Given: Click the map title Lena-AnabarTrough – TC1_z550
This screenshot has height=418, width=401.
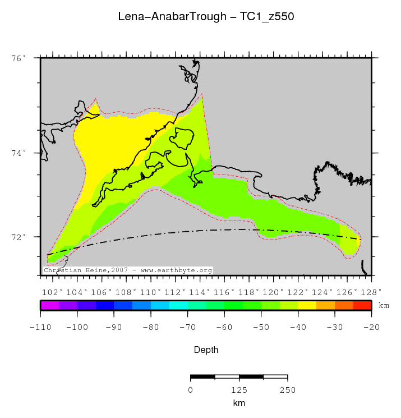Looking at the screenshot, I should pyautogui.click(x=206, y=17).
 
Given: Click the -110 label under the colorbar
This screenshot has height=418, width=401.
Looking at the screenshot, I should pyautogui.click(x=40, y=326).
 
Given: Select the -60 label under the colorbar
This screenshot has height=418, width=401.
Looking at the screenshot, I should pyautogui.click(x=224, y=326).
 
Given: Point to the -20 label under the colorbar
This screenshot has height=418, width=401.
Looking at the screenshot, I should pyautogui.click(x=371, y=326).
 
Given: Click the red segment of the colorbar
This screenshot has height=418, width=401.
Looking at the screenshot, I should pyautogui.click(x=362, y=305).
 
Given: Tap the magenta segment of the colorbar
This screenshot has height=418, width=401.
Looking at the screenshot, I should pyautogui.click(x=49, y=305).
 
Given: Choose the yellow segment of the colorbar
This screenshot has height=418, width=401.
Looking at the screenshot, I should pyautogui.click(x=307, y=305).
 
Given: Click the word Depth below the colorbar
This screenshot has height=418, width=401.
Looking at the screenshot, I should pyautogui.click(x=206, y=350).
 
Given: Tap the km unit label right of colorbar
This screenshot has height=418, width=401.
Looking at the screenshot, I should pyautogui.click(x=384, y=306).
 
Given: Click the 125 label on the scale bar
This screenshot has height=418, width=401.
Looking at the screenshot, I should pyautogui.click(x=239, y=390).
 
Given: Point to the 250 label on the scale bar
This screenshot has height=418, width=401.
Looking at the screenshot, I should pyautogui.click(x=287, y=390).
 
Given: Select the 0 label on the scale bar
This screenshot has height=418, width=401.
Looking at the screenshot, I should pyautogui.click(x=191, y=390).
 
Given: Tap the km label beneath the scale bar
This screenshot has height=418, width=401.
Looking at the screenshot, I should pyautogui.click(x=239, y=403).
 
